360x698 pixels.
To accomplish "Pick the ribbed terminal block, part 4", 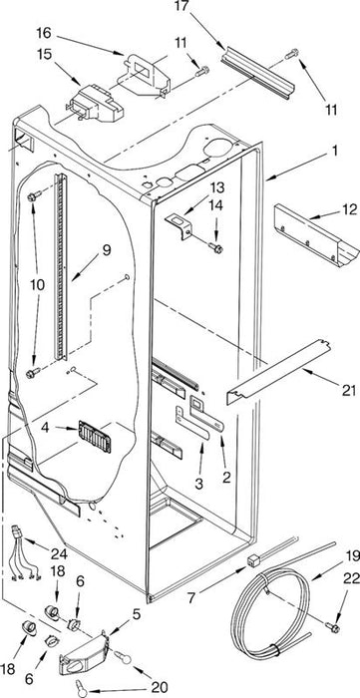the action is [x=95, y=437].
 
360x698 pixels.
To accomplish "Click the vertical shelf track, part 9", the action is [x=61, y=266].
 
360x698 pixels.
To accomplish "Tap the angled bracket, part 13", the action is [x=178, y=225].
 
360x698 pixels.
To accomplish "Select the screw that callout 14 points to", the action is [x=215, y=247].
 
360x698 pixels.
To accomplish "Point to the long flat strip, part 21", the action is [x=279, y=372].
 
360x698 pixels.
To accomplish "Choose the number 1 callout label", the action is [x=334, y=152].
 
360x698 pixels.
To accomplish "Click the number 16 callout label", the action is [x=44, y=33].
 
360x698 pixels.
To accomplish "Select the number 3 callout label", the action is [x=198, y=484].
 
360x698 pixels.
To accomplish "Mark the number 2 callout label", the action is [x=227, y=478].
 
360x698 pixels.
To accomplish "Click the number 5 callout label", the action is [x=137, y=614].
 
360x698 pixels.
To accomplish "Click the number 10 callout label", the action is [x=37, y=285].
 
